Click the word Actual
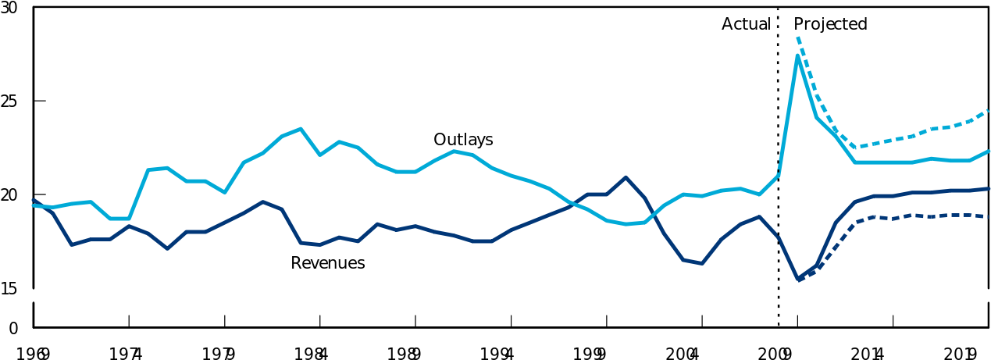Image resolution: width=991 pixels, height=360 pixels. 746,24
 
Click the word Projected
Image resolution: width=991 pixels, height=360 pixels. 830,24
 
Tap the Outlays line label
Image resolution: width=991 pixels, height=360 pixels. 463,140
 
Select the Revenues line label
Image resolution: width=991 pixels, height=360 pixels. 327,263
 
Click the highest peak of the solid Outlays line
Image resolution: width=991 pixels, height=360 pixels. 797,55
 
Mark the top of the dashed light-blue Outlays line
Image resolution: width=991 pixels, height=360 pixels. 797,37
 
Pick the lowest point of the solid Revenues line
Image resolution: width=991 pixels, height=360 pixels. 797,280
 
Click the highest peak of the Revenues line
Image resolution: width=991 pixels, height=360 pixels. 626,177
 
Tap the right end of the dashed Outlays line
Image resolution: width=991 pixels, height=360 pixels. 989,111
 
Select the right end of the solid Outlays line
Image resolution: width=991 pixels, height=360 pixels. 989,151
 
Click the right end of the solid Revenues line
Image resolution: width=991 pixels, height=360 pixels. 989,189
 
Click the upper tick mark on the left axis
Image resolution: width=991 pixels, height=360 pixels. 40,101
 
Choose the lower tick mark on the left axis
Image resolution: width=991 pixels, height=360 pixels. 40,194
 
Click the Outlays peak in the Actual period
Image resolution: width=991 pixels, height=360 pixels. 301,129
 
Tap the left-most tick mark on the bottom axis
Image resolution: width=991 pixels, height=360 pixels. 129,321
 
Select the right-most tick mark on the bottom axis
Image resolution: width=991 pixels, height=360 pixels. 893,321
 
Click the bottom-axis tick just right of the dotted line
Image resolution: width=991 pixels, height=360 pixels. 797,321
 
